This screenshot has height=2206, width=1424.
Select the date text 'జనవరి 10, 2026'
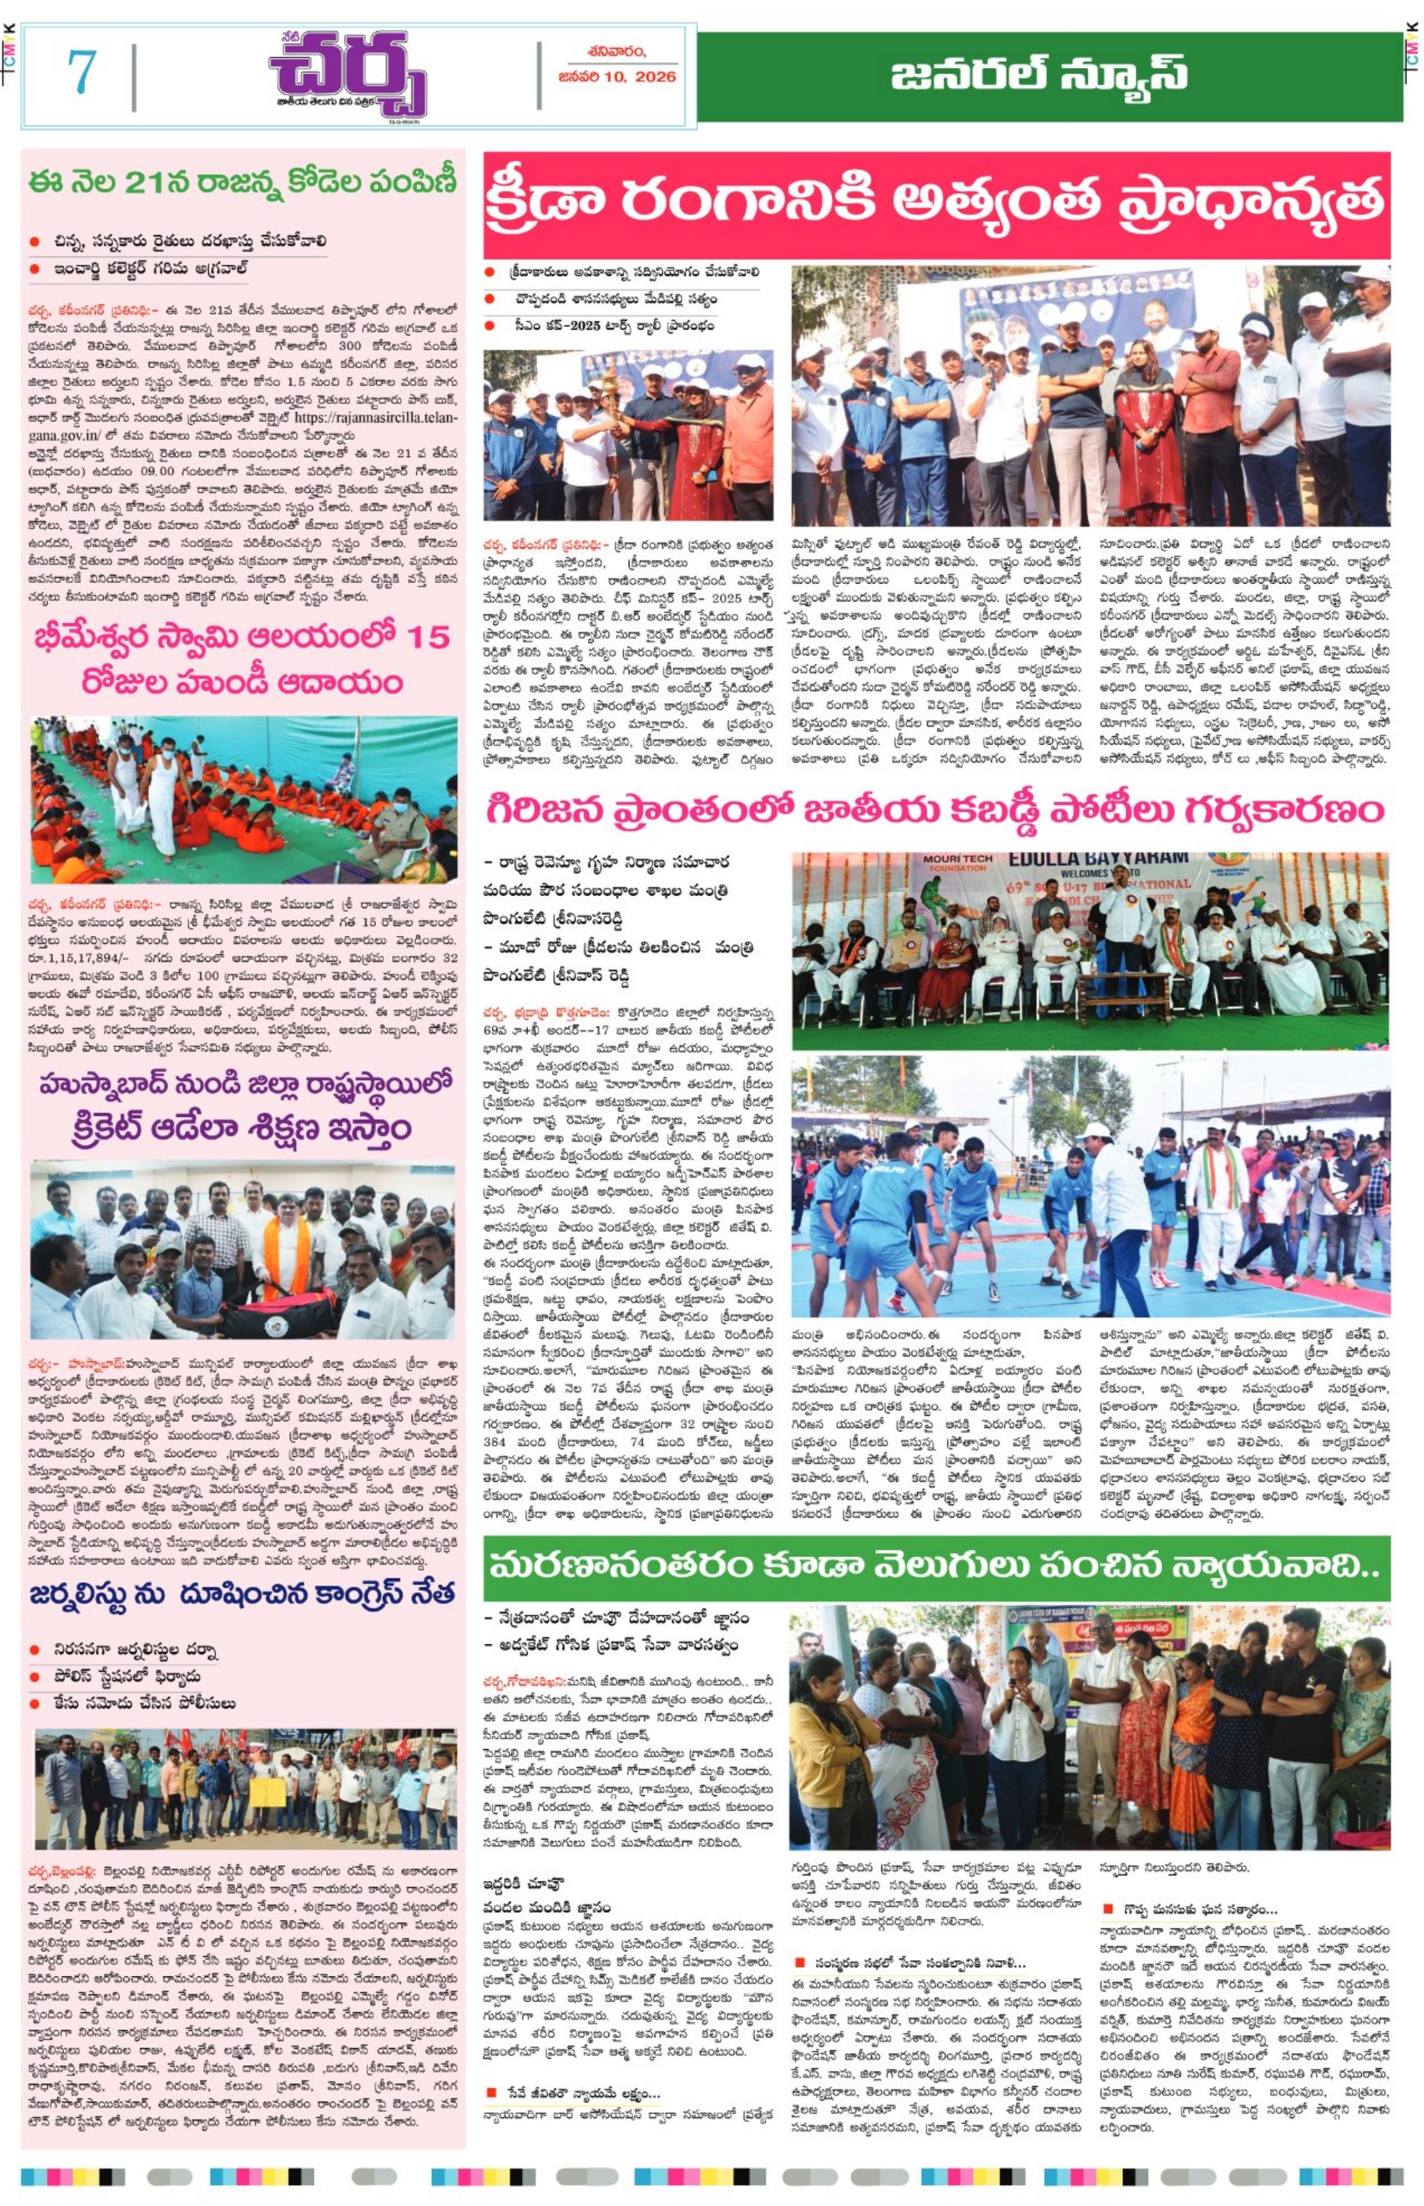click(x=617, y=77)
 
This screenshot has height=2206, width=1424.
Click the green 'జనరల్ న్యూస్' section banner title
click(x=1039, y=74)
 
